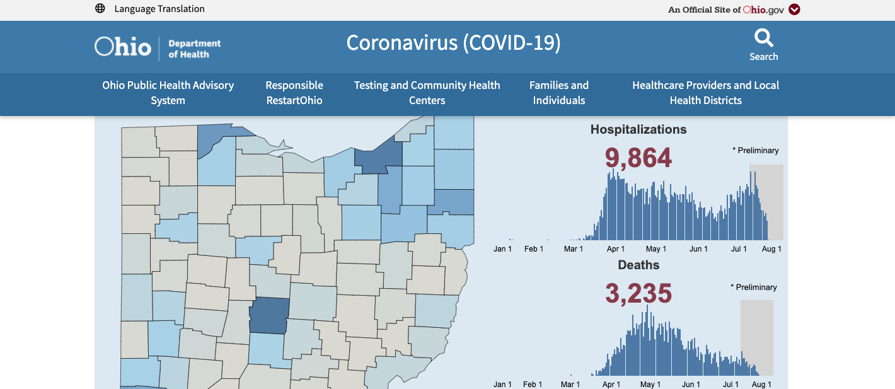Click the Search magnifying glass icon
[x=763, y=39]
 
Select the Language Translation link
[x=159, y=9]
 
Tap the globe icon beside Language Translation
[x=100, y=9]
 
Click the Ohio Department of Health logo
[x=158, y=47]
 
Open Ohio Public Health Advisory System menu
[x=168, y=93]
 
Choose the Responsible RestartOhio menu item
[x=294, y=93]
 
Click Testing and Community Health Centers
[x=427, y=93]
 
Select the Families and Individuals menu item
[x=559, y=93]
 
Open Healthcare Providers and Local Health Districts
[x=705, y=93]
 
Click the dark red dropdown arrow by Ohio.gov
[x=794, y=9]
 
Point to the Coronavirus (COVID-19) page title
[x=453, y=43]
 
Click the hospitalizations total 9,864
[x=638, y=158]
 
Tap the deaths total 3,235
[x=638, y=293]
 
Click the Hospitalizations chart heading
[x=638, y=130]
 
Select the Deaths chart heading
[x=638, y=265]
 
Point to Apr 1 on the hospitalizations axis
[x=616, y=249]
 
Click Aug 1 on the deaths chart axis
[x=761, y=385]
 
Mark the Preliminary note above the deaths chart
[x=754, y=287]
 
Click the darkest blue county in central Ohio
[x=269, y=315]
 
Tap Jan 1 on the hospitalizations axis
[x=502, y=249]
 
